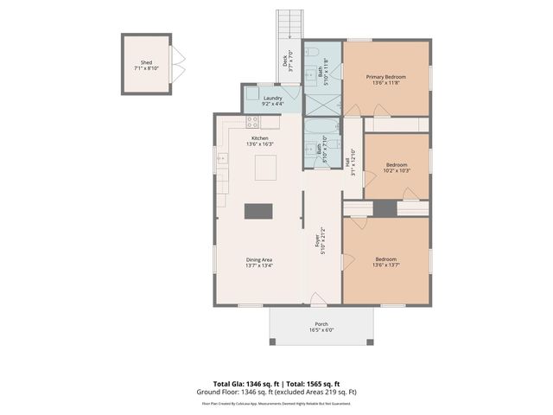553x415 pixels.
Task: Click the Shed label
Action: [146, 63]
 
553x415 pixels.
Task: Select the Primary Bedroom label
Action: [386, 76]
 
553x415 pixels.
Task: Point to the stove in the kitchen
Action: [252, 122]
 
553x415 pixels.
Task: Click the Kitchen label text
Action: [259, 138]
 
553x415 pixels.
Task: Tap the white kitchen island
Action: [265, 167]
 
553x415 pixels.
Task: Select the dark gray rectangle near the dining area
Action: [258, 210]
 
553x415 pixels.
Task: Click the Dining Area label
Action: [260, 259]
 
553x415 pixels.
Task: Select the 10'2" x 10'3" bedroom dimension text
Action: [397, 170]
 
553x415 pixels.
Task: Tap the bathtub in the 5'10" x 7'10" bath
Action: [310, 143]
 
